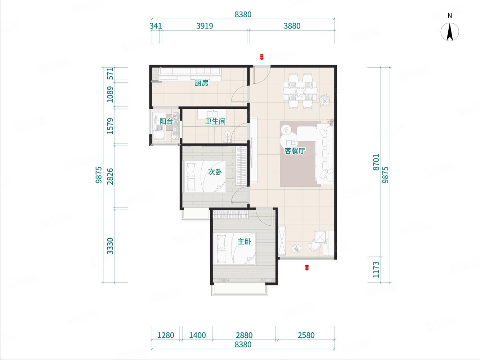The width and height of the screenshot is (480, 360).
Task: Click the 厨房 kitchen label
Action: coord(201,83)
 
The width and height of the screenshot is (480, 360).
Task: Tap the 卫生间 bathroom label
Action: coord(215,122)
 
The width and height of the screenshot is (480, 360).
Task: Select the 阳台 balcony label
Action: coord(166,122)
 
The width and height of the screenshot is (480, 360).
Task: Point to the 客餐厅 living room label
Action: coord(295,151)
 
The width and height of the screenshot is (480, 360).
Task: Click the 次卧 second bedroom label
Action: coord(215,172)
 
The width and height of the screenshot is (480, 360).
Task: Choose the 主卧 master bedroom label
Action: coord(244,242)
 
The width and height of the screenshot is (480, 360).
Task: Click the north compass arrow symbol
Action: coord(450,32)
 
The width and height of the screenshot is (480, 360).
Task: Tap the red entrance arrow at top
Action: coord(261,57)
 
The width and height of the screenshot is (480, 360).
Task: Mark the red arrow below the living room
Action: coord(307,267)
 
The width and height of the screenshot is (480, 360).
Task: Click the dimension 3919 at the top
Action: coord(205,26)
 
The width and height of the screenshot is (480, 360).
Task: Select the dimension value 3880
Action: coord(292,26)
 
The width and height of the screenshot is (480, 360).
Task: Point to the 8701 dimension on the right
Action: coord(376,162)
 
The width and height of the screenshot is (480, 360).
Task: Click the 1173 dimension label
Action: coord(376,270)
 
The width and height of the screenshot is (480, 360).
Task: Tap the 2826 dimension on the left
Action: coord(111,176)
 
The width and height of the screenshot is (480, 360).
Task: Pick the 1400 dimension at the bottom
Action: coord(197,335)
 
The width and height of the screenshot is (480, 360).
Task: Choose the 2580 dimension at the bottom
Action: coord(306,335)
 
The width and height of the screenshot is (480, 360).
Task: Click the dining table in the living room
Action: coord(300,90)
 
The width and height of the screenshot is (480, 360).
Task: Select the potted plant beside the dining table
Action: coord(324,101)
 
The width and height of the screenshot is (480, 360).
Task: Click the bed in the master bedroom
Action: coord(235,248)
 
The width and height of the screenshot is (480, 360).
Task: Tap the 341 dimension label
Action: coord(156,26)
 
